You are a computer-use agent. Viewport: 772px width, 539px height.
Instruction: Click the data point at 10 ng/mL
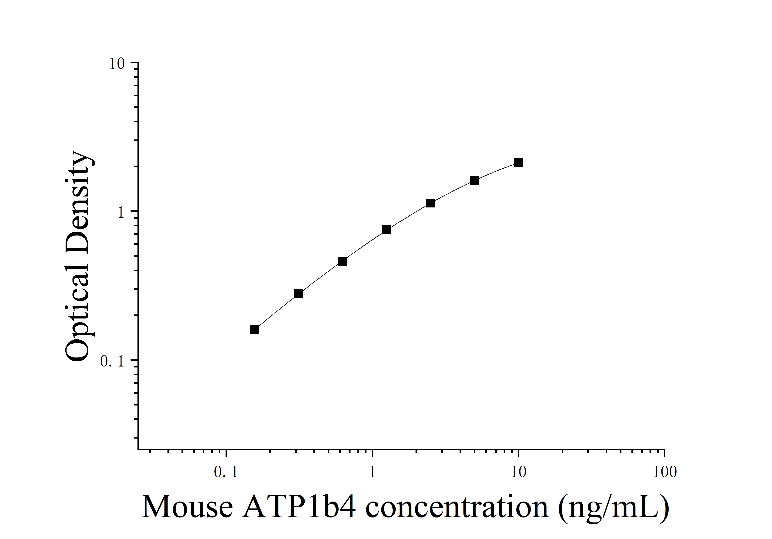518,163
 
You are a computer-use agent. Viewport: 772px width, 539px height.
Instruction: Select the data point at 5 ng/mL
474,180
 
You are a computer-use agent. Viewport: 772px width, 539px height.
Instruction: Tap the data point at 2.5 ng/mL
430,203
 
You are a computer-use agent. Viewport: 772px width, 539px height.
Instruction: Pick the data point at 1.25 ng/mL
386,230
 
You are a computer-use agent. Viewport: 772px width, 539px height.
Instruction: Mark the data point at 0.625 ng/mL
342,261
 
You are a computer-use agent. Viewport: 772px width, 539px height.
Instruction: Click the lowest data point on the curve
254,329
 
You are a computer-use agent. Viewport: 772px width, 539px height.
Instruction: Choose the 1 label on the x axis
372,472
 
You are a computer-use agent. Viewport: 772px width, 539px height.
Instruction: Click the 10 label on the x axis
518,472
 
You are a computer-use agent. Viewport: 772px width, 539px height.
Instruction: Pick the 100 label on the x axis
664,472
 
